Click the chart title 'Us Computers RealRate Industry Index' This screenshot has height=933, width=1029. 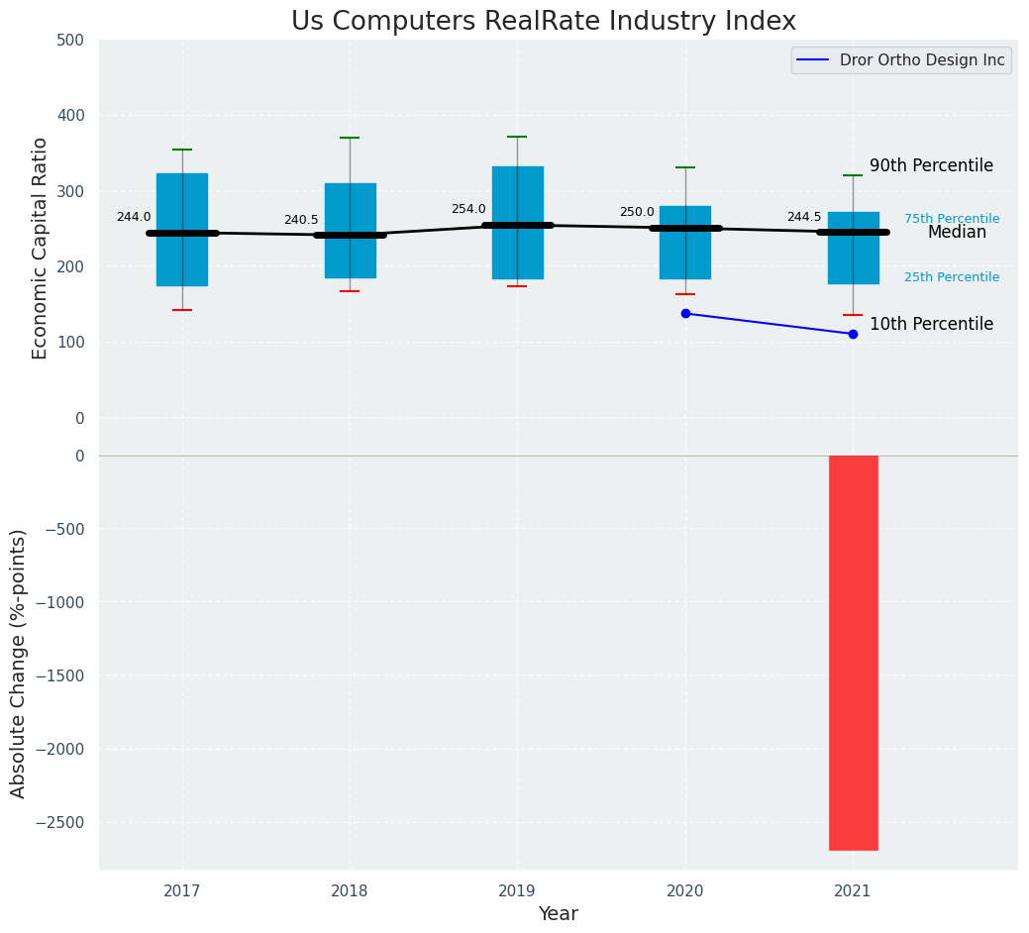pyautogui.click(x=543, y=22)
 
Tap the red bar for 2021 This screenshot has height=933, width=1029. pyautogui.click(x=853, y=653)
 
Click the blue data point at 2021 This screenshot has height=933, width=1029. pyautogui.click(x=853, y=334)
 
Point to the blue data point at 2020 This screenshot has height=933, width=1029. pyautogui.click(x=685, y=314)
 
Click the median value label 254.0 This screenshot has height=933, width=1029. pyautogui.click(x=468, y=210)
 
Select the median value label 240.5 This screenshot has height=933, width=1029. pyautogui.click(x=301, y=221)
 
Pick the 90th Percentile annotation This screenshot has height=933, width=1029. pyautogui.click(x=931, y=166)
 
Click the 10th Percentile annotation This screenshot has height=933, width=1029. pyautogui.click(x=931, y=325)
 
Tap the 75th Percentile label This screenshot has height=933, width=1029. pyautogui.click(x=951, y=219)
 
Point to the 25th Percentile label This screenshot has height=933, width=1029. pyautogui.click(x=951, y=277)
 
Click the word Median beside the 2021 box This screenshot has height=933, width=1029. pyautogui.click(x=957, y=233)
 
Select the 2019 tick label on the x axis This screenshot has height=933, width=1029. pyautogui.click(x=517, y=892)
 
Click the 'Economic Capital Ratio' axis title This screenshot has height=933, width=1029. pyautogui.click(x=41, y=249)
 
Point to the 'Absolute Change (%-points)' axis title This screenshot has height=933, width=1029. pyautogui.click(x=19, y=663)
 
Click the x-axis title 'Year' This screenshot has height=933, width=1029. pyautogui.click(x=558, y=914)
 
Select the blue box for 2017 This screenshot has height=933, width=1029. pyautogui.click(x=182, y=203)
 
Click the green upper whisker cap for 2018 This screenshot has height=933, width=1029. pyautogui.click(x=350, y=138)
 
